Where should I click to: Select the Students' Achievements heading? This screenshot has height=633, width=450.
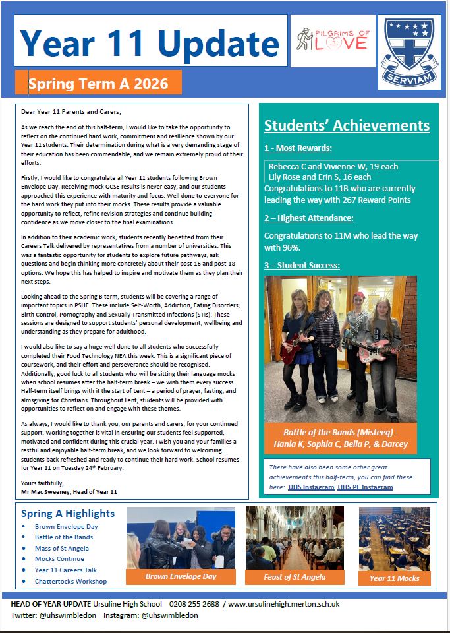pyautogui.click(x=347, y=126)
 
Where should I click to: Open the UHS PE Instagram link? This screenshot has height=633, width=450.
pyautogui.click(x=365, y=487)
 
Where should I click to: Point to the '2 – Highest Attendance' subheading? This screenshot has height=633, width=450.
pyautogui.click(x=309, y=218)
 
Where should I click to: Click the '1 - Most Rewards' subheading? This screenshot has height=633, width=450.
pyautogui.click(x=298, y=148)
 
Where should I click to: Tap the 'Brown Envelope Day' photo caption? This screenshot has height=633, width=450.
pyautogui.click(x=181, y=576)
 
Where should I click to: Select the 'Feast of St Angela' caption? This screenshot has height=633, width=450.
pyautogui.click(x=295, y=577)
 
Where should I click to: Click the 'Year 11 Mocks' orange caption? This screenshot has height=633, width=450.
pyautogui.click(x=395, y=578)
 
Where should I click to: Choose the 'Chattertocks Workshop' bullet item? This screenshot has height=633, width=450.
pyautogui.click(x=70, y=581)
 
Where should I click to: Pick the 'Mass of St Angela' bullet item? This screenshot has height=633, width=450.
pyautogui.click(x=62, y=548)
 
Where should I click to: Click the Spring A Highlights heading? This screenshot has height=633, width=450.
pyautogui.click(x=68, y=514)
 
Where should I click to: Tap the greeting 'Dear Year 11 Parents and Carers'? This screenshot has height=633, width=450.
pyautogui.click(x=71, y=111)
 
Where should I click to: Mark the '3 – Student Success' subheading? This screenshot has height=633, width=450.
pyautogui.click(x=302, y=265)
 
